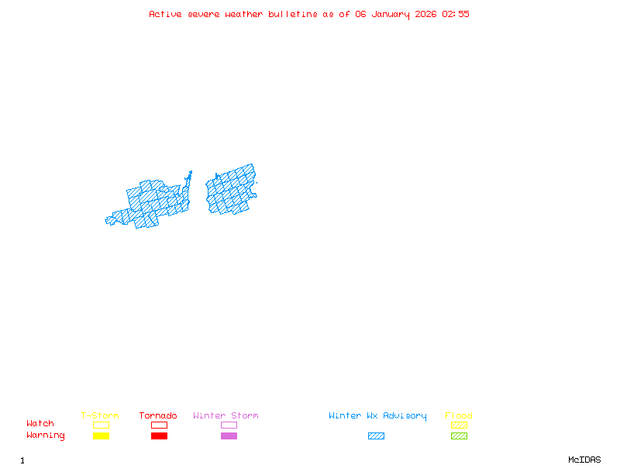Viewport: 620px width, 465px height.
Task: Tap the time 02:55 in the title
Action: pyautogui.click(x=456, y=14)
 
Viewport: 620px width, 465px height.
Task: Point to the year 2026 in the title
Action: pyautogui.click(x=426, y=14)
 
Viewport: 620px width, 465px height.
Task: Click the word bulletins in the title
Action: pyautogui.click(x=293, y=14)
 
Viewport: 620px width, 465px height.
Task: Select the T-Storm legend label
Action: pyautogui.click(x=100, y=416)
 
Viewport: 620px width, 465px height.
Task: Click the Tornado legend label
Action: pyautogui.click(x=158, y=416)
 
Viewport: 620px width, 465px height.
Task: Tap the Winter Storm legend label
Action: pyautogui.click(x=226, y=416)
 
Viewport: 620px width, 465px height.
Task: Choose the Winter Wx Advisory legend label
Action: pyautogui.click(x=377, y=416)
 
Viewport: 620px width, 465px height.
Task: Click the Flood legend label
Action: pyautogui.click(x=459, y=416)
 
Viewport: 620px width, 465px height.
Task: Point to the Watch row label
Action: pyautogui.click(x=40, y=424)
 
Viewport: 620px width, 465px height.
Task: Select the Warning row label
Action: pyautogui.click(x=46, y=436)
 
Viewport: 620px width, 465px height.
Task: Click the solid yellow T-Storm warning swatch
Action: pyautogui.click(x=101, y=436)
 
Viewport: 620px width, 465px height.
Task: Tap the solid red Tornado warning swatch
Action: pyautogui.click(x=159, y=436)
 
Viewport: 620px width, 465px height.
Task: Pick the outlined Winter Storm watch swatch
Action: pyautogui.click(x=229, y=425)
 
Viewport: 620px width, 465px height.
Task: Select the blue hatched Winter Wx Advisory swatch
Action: pyautogui.click(x=376, y=436)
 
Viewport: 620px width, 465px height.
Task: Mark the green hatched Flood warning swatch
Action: pyautogui.click(x=459, y=436)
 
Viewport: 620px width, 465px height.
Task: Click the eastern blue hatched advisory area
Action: pyautogui.click(x=231, y=190)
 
